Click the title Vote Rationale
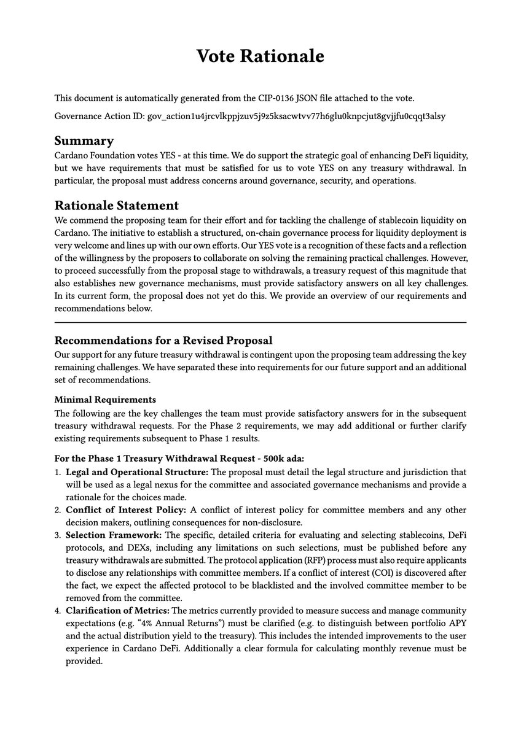pos(260,56)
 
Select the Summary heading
pos(84,141)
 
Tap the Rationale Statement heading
pos(117,205)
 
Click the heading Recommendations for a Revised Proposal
pos(163,340)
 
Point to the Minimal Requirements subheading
pos(105,400)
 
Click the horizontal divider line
pos(260,322)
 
